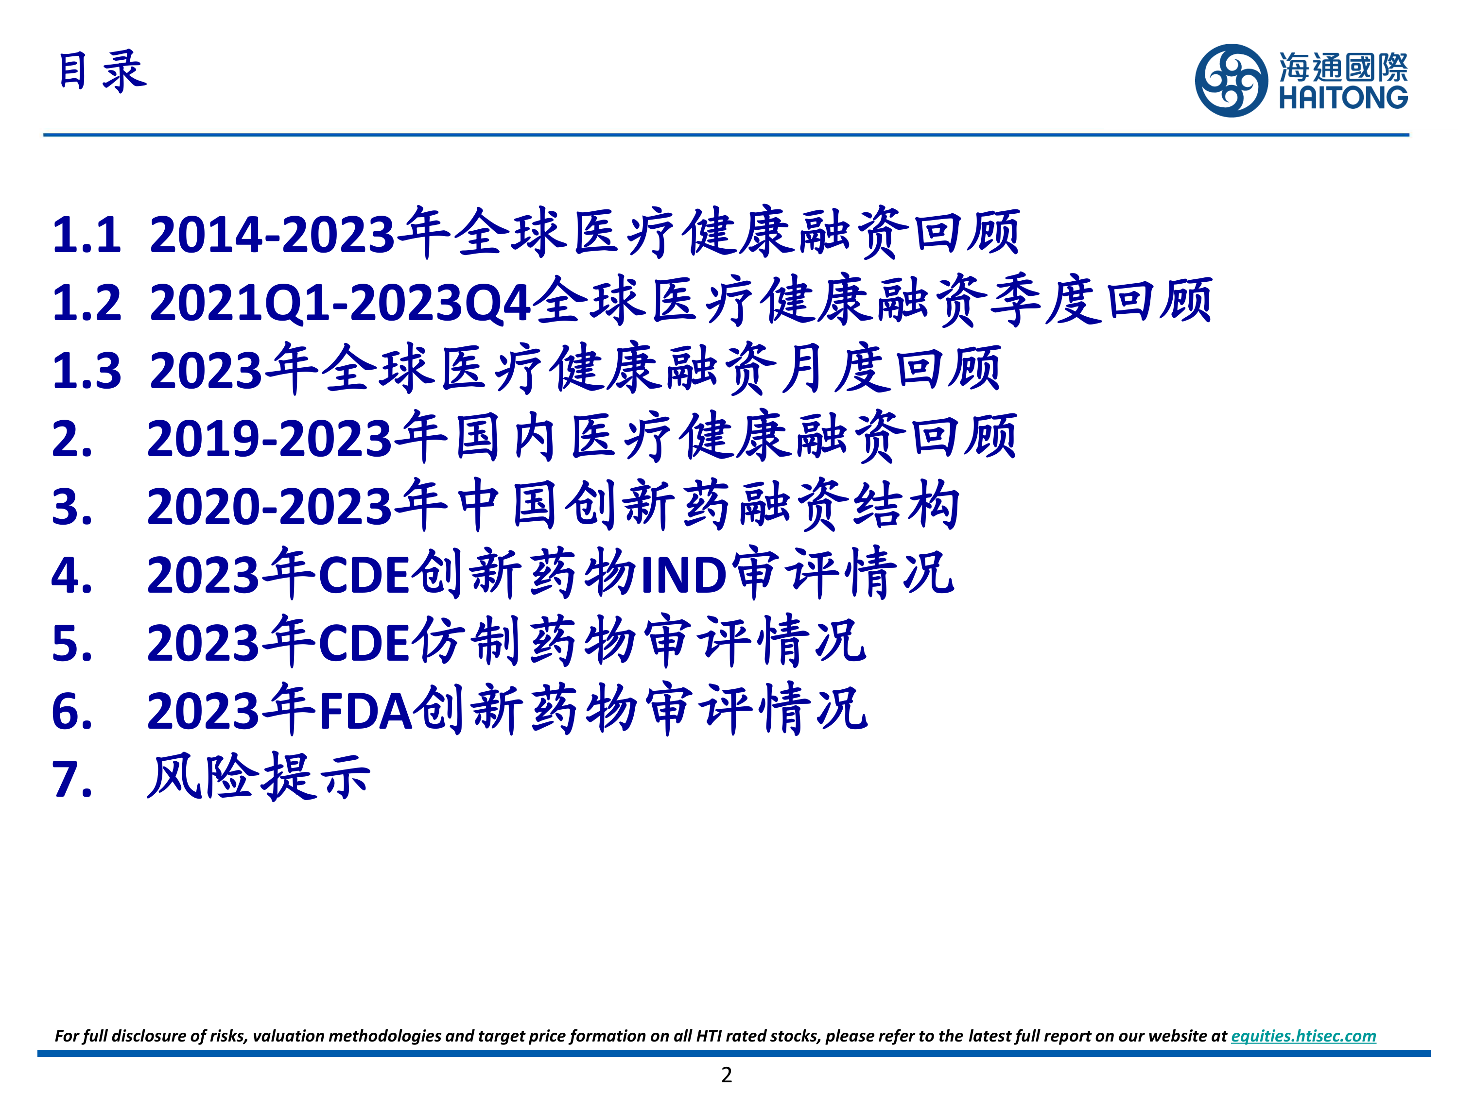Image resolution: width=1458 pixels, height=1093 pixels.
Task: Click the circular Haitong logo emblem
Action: coord(1231,80)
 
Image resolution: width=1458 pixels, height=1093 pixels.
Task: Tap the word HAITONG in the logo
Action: coord(1343,98)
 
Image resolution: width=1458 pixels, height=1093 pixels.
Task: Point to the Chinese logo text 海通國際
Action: coord(1343,67)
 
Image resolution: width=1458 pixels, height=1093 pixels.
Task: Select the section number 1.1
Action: coord(87,235)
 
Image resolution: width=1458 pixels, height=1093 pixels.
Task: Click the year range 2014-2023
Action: coord(272,235)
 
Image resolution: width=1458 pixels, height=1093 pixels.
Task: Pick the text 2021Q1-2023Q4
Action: coord(340,303)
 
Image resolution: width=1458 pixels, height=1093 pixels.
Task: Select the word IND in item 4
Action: coord(683,575)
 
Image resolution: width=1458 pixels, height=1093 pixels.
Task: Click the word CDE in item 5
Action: coord(364,643)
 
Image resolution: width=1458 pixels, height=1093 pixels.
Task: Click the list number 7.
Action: coord(71,779)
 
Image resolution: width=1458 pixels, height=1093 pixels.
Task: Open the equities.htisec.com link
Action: coord(1303,1036)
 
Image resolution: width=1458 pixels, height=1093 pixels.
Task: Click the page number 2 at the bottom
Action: coord(727,1075)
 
